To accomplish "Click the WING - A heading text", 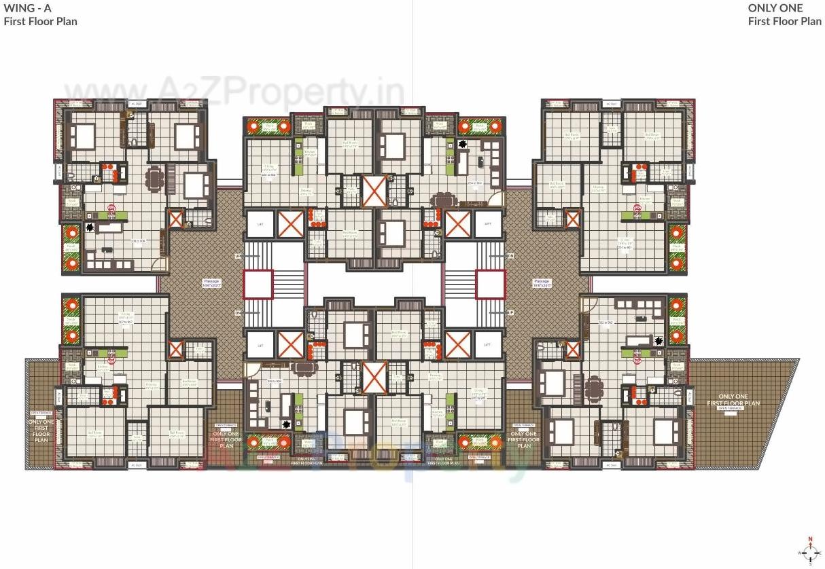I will (x=28, y=8).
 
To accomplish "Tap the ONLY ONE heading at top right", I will (x=775, y=8).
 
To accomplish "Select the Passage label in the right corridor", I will (x=542, y=282).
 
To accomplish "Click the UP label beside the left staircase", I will (x=238, y=256).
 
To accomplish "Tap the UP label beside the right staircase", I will (x=510, y=312).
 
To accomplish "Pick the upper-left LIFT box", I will (x=259, y=224).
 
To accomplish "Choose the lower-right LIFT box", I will (x=487, y=344).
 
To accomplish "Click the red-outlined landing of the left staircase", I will (x=258, y=284).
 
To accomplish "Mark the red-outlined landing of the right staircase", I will (x=490, y=284).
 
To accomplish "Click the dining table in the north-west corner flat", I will (x=156, y=180).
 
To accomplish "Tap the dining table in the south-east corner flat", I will (x=595, y=388).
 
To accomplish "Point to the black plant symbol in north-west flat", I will (x=90, y=227).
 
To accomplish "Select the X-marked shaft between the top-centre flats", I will (x=374, y=191).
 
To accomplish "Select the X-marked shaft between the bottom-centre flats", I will (x=374, y=377).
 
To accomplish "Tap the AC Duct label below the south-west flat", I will (x=136, y=465).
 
